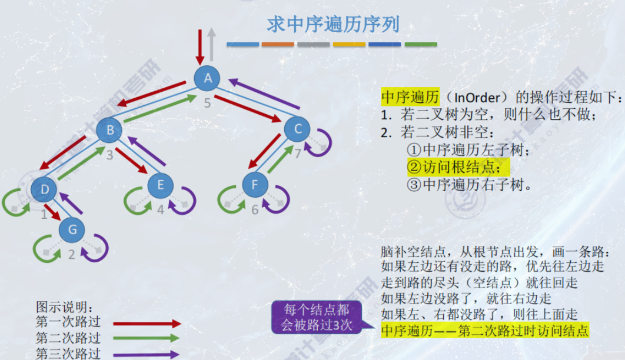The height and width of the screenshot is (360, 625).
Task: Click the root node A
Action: coord(207,78)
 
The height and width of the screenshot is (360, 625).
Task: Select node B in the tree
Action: coord(109,130)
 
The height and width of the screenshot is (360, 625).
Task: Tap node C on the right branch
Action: coord(297,129)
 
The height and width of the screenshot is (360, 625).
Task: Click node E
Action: coord(160,185)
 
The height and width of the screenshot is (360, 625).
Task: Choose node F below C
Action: coord(254,185)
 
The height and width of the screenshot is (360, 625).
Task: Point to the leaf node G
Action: coord(72,229)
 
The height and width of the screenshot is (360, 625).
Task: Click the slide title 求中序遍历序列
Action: coord(333,24)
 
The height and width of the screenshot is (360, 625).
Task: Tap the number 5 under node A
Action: coord(207,104)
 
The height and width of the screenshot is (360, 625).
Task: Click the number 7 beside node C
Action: coord(298,154)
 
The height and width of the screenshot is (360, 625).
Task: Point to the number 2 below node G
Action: coord(72,255)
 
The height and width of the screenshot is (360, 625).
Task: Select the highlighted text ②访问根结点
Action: coord(458,167)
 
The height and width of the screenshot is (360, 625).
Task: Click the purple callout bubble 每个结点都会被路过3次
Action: coord(317,317)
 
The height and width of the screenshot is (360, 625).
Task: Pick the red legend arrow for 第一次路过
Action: coord(147,324)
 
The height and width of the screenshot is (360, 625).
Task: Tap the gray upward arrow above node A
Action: coord(212,44)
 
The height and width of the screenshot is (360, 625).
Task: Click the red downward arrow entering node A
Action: coord(199,44)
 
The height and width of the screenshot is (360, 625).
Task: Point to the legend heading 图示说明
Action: coord(64,308)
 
